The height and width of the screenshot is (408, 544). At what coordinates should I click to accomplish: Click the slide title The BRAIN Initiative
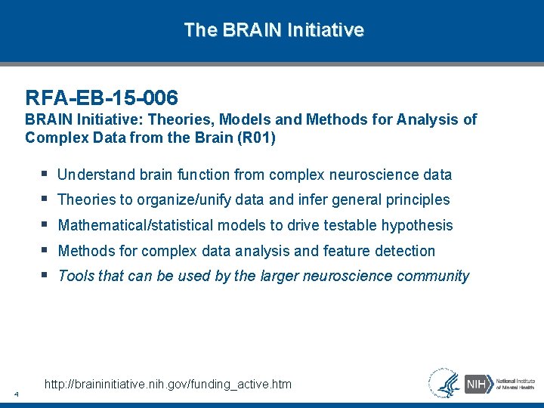[x=274, y=30]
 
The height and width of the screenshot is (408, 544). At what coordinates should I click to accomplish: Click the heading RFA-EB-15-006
[x=101, y=97]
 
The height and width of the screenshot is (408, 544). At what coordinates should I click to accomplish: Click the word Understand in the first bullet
[x=96, y=175]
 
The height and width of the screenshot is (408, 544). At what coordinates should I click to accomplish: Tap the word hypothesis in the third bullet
[x=416, y=225]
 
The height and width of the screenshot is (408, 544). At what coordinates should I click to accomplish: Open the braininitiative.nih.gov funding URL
[x=168, y=385]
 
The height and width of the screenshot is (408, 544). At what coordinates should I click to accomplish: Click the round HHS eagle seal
[x=444, y=382]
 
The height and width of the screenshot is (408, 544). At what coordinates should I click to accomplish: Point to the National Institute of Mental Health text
[x=515, y=383]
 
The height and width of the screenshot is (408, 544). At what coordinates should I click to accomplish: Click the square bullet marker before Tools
[x=47, y=275]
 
